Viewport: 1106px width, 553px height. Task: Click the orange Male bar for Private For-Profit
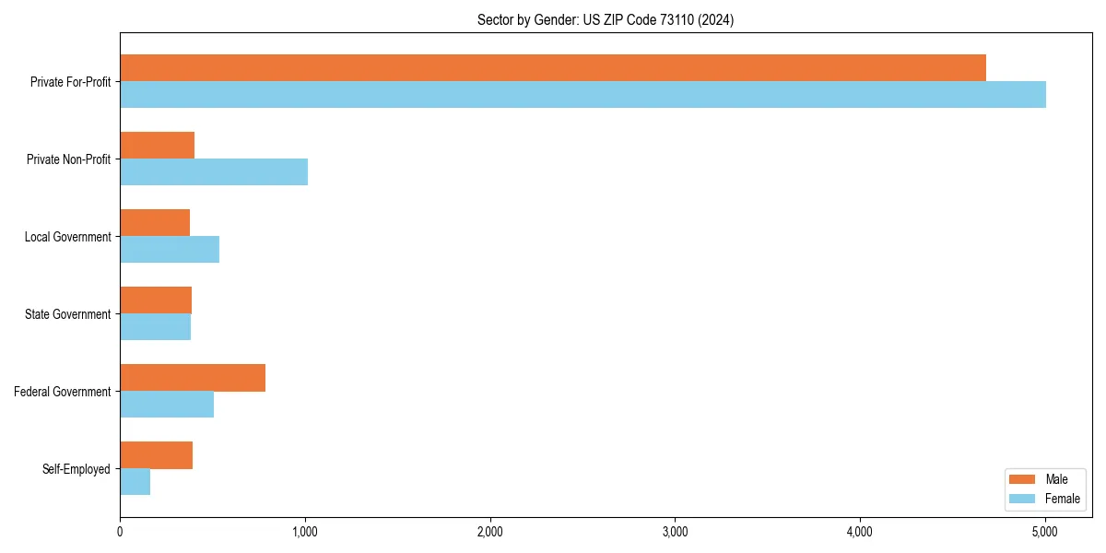553,68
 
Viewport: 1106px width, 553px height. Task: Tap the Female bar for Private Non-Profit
214,172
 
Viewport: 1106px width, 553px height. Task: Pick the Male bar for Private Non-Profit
157,146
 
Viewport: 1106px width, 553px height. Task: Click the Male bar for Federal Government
193,378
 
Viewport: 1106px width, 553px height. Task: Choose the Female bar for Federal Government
167,405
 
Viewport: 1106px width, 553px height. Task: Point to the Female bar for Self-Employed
135,482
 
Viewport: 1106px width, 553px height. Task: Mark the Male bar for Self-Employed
156,455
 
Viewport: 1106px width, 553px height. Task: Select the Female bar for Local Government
170,250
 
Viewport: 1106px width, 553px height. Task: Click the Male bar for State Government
156,300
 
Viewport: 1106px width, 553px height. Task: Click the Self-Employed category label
76,469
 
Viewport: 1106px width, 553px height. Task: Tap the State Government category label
68,314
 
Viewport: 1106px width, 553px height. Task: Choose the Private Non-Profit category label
68,159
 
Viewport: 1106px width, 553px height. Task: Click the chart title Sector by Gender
606,19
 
